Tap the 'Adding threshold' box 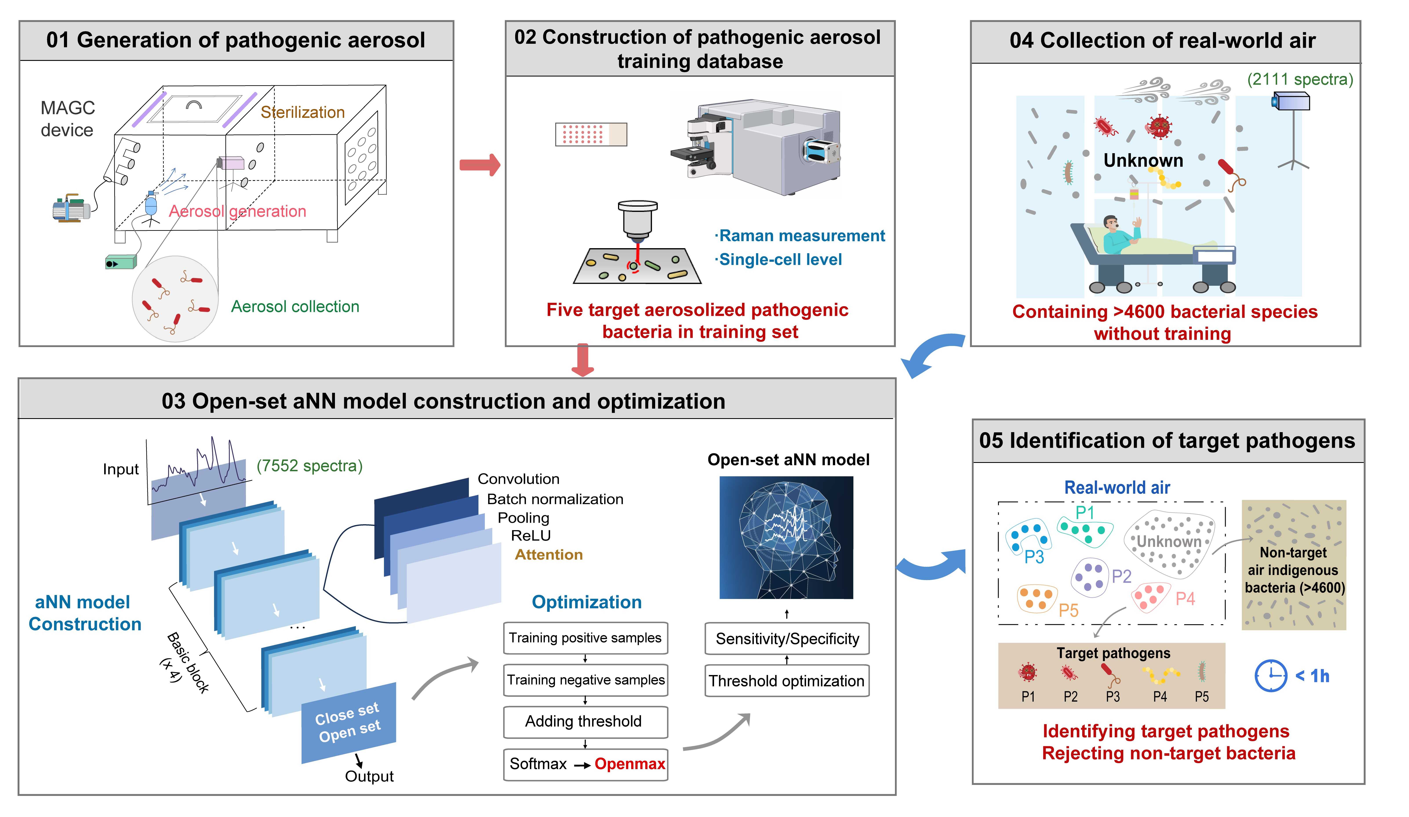click(585, 721)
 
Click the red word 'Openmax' click(630, 764)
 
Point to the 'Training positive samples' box click(585, 638)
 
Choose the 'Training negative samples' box click(585, 680)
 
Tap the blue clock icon click(1270, 676)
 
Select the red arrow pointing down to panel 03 click(583, 360)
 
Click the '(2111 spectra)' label click(1299, 79)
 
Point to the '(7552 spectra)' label click(309, 466)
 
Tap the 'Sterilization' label click(302, 112)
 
